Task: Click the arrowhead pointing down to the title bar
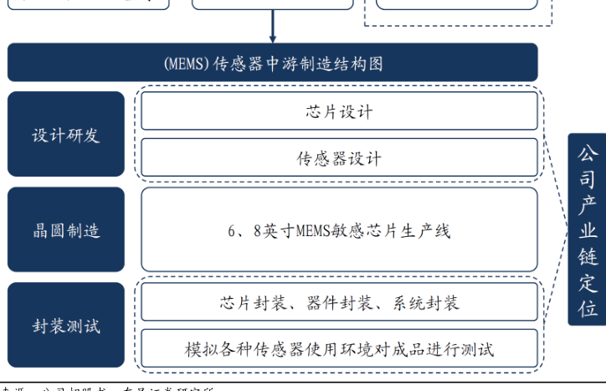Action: pos(273,38)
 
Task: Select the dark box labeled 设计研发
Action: pos(66,135)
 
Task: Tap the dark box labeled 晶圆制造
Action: pos(66,230)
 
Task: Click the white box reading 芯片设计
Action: pos(339,111)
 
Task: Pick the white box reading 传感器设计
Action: pos(339,157)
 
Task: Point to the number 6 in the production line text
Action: pos(233,231)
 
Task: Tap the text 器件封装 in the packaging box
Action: pos(340,302)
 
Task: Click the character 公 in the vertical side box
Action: pos(588,154)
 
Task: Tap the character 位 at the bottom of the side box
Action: pos(588,309)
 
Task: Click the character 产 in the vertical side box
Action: pos(588,205)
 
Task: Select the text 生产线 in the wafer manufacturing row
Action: pos(424,231)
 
